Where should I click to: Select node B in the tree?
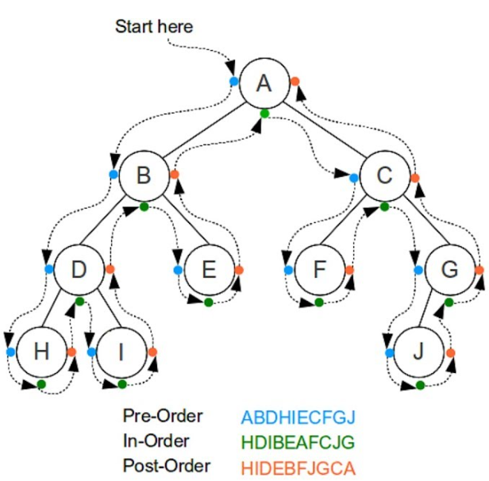coord(144,175)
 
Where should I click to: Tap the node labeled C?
coord(384,175)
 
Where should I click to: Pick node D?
coord(78,270)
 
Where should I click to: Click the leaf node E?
coord(208,270)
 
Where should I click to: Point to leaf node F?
coord(318,270)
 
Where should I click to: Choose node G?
coord(449,270)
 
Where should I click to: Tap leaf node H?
coord(40,351)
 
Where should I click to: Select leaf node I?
coord(121,351)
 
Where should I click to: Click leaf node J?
coord(418,351)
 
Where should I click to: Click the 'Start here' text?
coord(154,26)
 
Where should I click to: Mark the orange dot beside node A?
coord(295,81)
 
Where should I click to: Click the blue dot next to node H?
coord(10,352)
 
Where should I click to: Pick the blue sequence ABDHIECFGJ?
coord(298,418)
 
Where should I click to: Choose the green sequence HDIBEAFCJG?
coord(298,441)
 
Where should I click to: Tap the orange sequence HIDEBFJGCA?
coord(298,465)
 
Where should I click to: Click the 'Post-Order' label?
coord(166,465)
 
